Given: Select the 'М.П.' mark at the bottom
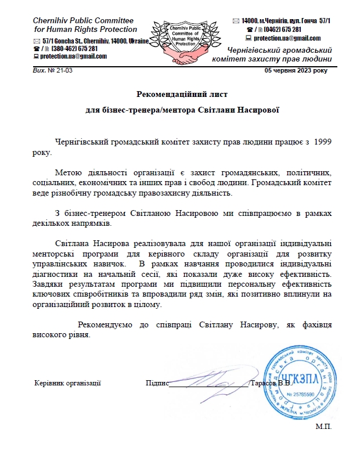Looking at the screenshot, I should coord(323,427).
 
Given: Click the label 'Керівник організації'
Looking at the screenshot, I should coord(68,383).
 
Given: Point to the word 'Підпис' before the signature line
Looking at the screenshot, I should coord(157,383).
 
